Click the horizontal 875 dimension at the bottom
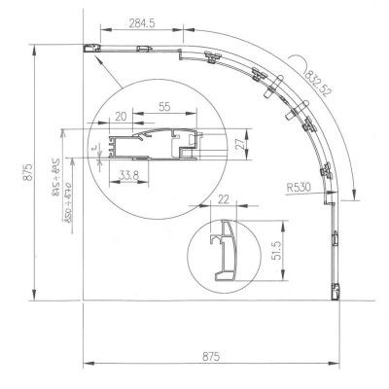point(209,357)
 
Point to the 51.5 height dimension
point(276,253)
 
